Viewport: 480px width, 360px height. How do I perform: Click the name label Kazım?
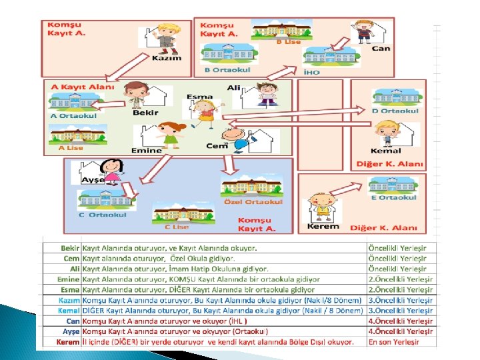(x=167, y=58)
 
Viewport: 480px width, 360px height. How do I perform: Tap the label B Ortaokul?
(x=227, y=69)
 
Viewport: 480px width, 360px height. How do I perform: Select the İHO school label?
(x=311, y=71)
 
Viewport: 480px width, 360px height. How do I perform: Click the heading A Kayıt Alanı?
(x=83, y=87)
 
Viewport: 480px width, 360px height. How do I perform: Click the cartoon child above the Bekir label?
(x=137, y=95)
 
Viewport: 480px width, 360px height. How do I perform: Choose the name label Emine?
(x=147, y=151)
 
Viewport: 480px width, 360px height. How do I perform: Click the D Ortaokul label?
(x=395, y=111)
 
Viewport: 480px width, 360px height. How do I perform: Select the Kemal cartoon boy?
(x=386, y=134)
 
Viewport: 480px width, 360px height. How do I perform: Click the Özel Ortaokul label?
(x=253, y=202)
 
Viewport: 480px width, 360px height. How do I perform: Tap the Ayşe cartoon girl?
(x=112, y=171)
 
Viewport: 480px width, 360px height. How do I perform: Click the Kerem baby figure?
(x=323, y=207)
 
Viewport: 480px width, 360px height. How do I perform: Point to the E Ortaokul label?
(x=394, y=197)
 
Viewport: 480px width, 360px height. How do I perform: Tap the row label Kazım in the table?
(x=69, y=301)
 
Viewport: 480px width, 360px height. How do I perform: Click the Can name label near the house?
(x=381, y=48)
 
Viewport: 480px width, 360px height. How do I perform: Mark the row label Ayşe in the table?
(x=70, y=331)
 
